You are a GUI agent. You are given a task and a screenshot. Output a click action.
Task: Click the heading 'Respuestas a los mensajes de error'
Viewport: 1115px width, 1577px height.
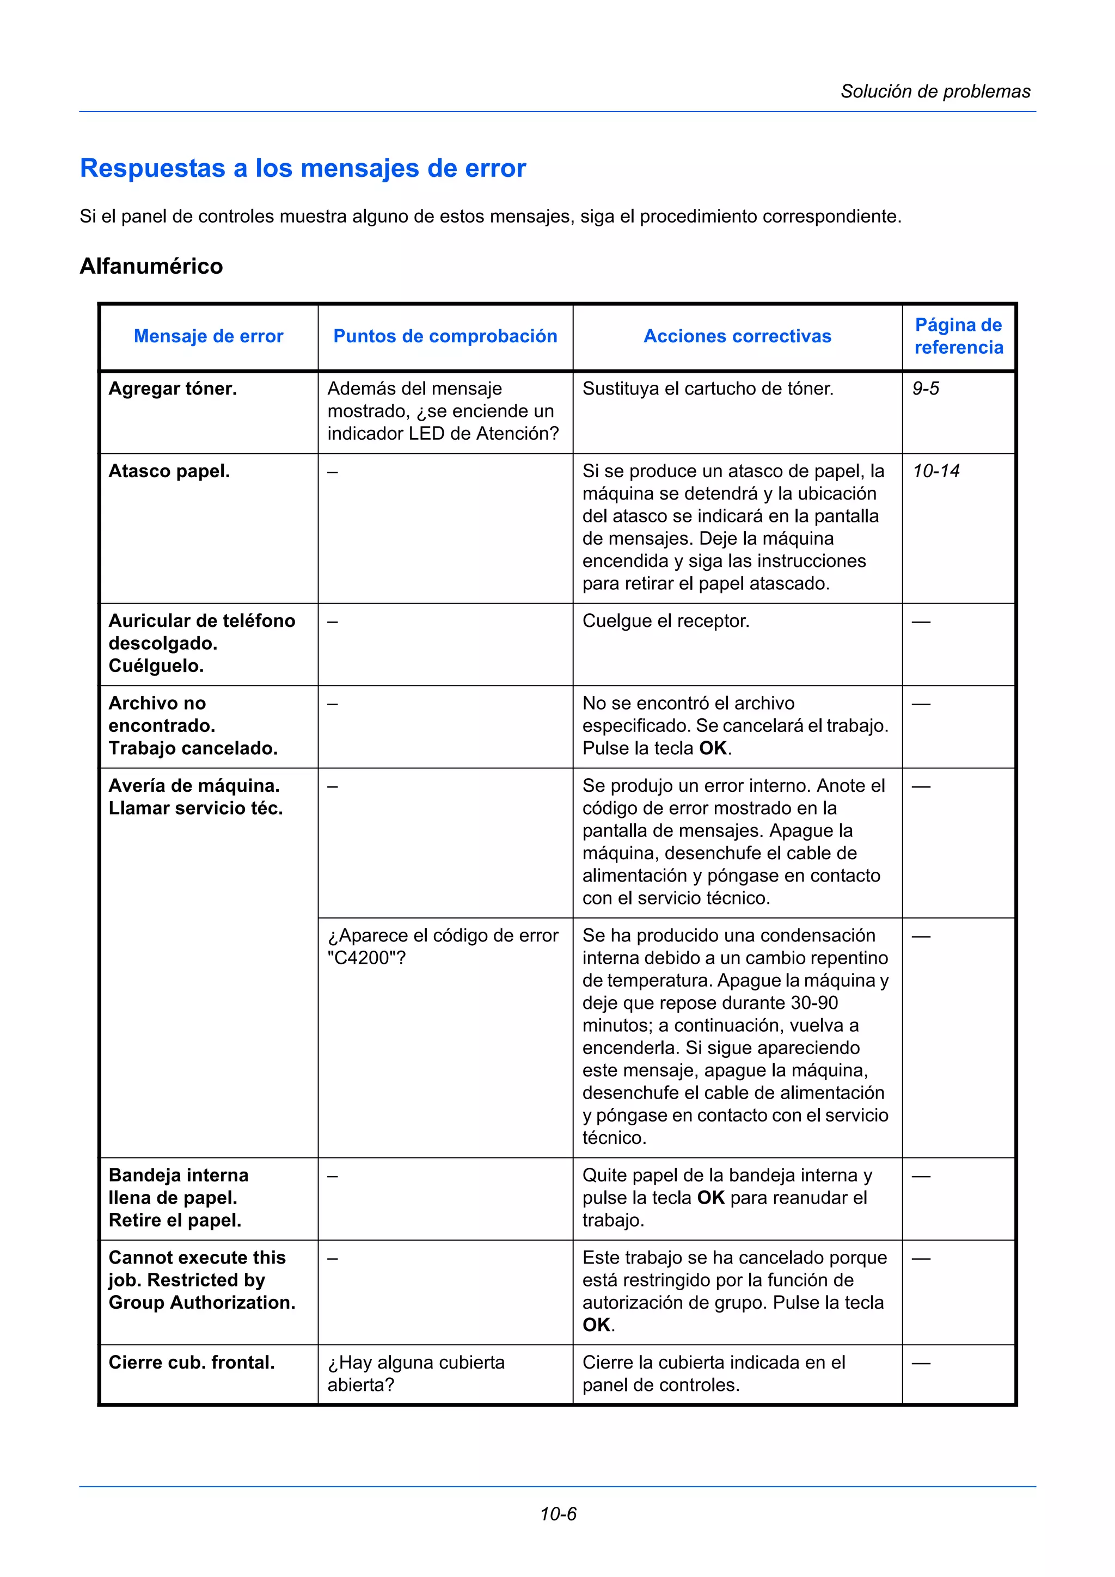point(303,168)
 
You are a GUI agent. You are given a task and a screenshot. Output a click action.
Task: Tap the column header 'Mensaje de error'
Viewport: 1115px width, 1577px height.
point(208,336)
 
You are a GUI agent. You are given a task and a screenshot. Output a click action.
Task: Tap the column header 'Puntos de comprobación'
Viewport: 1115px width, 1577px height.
point(445,336)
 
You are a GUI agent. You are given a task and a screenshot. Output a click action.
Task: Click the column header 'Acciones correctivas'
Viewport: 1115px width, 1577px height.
point(737,336)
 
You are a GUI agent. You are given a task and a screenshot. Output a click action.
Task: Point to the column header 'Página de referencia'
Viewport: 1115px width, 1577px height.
point(958,336)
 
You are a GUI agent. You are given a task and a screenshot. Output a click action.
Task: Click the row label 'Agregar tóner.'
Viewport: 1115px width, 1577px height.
point(173,389)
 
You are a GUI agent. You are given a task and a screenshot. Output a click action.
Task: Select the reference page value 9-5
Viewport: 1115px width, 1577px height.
point(926,389)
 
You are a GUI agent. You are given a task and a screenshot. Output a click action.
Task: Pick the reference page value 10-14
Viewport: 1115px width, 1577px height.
point(936,471)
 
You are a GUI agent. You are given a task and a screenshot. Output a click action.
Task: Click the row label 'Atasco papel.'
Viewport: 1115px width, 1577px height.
point(169,471)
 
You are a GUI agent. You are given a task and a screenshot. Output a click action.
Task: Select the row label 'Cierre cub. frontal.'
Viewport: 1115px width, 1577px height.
point(192,1363)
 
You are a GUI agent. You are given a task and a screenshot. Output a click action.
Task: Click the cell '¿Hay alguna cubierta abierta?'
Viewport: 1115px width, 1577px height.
point(415,1373)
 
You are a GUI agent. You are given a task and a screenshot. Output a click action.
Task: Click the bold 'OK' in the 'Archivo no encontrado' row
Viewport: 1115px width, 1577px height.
point(713,748)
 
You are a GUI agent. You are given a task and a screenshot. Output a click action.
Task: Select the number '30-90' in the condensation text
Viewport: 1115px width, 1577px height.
point(814,1003)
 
